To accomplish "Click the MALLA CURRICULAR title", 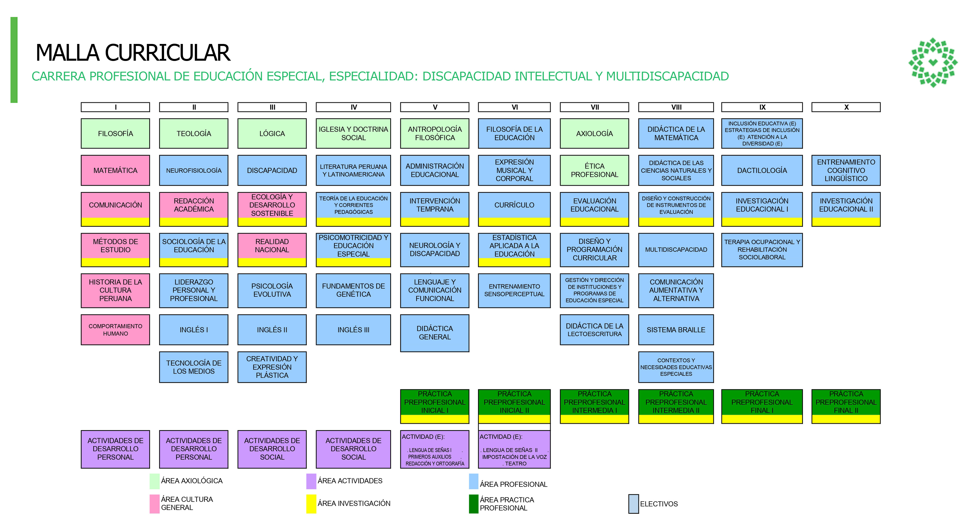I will pos(133,53).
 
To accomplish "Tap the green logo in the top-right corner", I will pos(933,62).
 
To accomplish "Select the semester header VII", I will pos(594,107).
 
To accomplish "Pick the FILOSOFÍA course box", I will pos(115,133).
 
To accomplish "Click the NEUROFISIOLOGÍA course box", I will pos(194,170).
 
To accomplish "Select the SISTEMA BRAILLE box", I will pos(676,330).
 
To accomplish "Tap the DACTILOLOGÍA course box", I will pos(762,170).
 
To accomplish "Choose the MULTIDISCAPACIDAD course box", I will pos(676,250).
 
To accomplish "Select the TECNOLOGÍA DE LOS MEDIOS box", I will pos(194,367).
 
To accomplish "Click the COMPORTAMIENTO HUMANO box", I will pos(115,330).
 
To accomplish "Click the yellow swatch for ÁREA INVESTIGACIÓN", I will pos(311,504).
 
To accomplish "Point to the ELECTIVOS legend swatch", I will pos(633,504).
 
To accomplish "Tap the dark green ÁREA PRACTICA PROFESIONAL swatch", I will pos(473,504).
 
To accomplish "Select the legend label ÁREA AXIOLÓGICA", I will pos(192,481).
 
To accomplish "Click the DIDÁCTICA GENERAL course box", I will pos(434,333).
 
